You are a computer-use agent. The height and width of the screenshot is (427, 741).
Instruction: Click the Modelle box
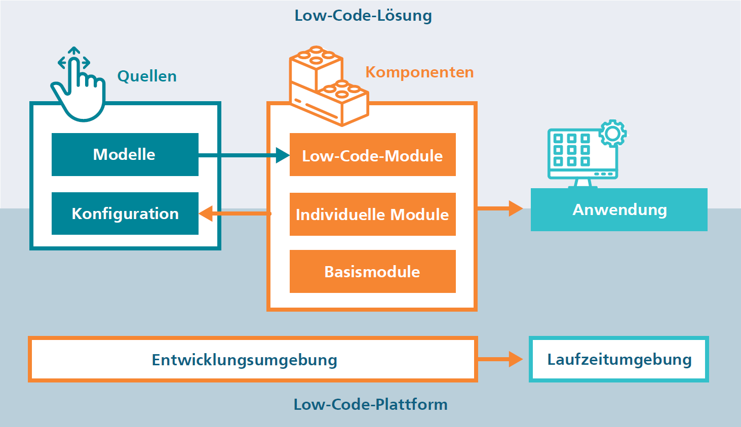click(125, 154)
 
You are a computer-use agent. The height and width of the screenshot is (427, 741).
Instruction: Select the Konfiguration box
click(125, 213)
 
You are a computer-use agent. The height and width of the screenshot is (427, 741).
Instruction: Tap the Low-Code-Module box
click(372, 154)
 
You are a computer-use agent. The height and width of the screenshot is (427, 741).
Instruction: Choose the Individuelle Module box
click(372, 214)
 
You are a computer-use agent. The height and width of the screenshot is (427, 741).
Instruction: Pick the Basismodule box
click(372, 271)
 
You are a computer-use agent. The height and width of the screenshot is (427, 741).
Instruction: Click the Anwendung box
click(619, 209)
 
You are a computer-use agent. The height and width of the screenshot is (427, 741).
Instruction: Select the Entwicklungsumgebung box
click(253, 359)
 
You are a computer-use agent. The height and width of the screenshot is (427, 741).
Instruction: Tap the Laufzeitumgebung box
click(619, 359)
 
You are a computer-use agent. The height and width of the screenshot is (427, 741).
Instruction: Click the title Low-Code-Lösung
click(363, 16)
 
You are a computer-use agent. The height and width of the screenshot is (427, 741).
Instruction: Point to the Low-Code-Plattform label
click(371, 404)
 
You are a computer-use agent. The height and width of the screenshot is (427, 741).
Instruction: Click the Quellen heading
click(147, 76)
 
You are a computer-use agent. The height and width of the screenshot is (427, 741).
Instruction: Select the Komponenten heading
click(419, 72)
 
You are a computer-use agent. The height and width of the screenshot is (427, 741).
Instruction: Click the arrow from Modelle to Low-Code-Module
click(244, 155)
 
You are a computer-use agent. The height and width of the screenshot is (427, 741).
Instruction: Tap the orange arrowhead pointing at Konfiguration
click(206, 213)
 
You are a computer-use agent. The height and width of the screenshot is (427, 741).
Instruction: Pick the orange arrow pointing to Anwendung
click(500, 208)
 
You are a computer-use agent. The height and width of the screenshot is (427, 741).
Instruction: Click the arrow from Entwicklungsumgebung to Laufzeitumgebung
click(500, 359)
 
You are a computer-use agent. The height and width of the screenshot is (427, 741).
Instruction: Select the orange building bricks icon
click(329, 86)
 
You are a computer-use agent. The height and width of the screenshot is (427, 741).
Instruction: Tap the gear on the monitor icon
click(613, 133)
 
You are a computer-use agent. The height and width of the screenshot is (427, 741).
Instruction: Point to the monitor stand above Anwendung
click(583, 184)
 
